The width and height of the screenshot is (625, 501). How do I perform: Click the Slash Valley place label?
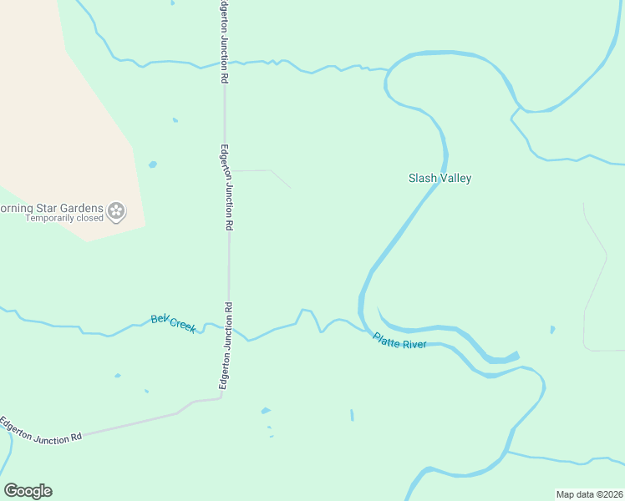[440, 178]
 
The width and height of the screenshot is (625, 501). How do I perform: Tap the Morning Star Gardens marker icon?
[116, 210]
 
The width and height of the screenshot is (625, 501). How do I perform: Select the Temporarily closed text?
[64, 219]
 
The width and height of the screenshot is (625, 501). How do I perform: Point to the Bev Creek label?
[173, 323]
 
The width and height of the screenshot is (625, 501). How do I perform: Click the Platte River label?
[399, 340]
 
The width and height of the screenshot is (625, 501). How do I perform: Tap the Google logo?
[28, 490]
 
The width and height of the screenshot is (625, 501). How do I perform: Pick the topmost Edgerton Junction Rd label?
[224, 42]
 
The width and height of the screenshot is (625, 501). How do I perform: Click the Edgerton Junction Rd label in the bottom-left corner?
[41, 429]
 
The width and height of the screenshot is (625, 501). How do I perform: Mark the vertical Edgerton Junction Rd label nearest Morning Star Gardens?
[226, 187]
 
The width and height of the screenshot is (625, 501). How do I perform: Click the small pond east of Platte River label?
[552, 329]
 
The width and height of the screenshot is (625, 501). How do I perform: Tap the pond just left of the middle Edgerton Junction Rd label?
[152, 164]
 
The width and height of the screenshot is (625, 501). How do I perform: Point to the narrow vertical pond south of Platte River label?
[352, 415]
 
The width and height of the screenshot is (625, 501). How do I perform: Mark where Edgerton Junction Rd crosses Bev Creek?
[229, 326]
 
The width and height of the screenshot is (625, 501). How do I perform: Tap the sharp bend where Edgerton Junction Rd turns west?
[221, 397]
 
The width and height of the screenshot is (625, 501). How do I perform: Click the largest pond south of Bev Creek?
[266, 411]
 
